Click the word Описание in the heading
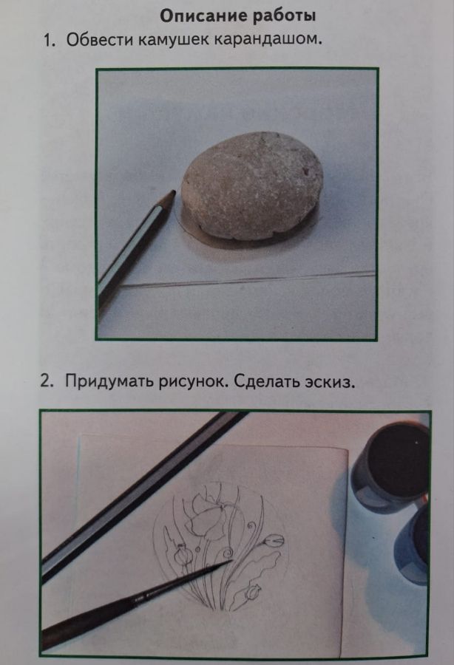[x=203, y=16]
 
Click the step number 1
[x=50, y=41]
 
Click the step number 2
[x=47, y=381]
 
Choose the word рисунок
[x=194, y=382]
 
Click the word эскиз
[x=329, y=382]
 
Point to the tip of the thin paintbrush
[x=231, y=561]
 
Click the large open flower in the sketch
[x=208, y=511]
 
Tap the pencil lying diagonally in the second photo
[x=143, y=497]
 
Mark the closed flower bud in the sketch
[x=274, y=542]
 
